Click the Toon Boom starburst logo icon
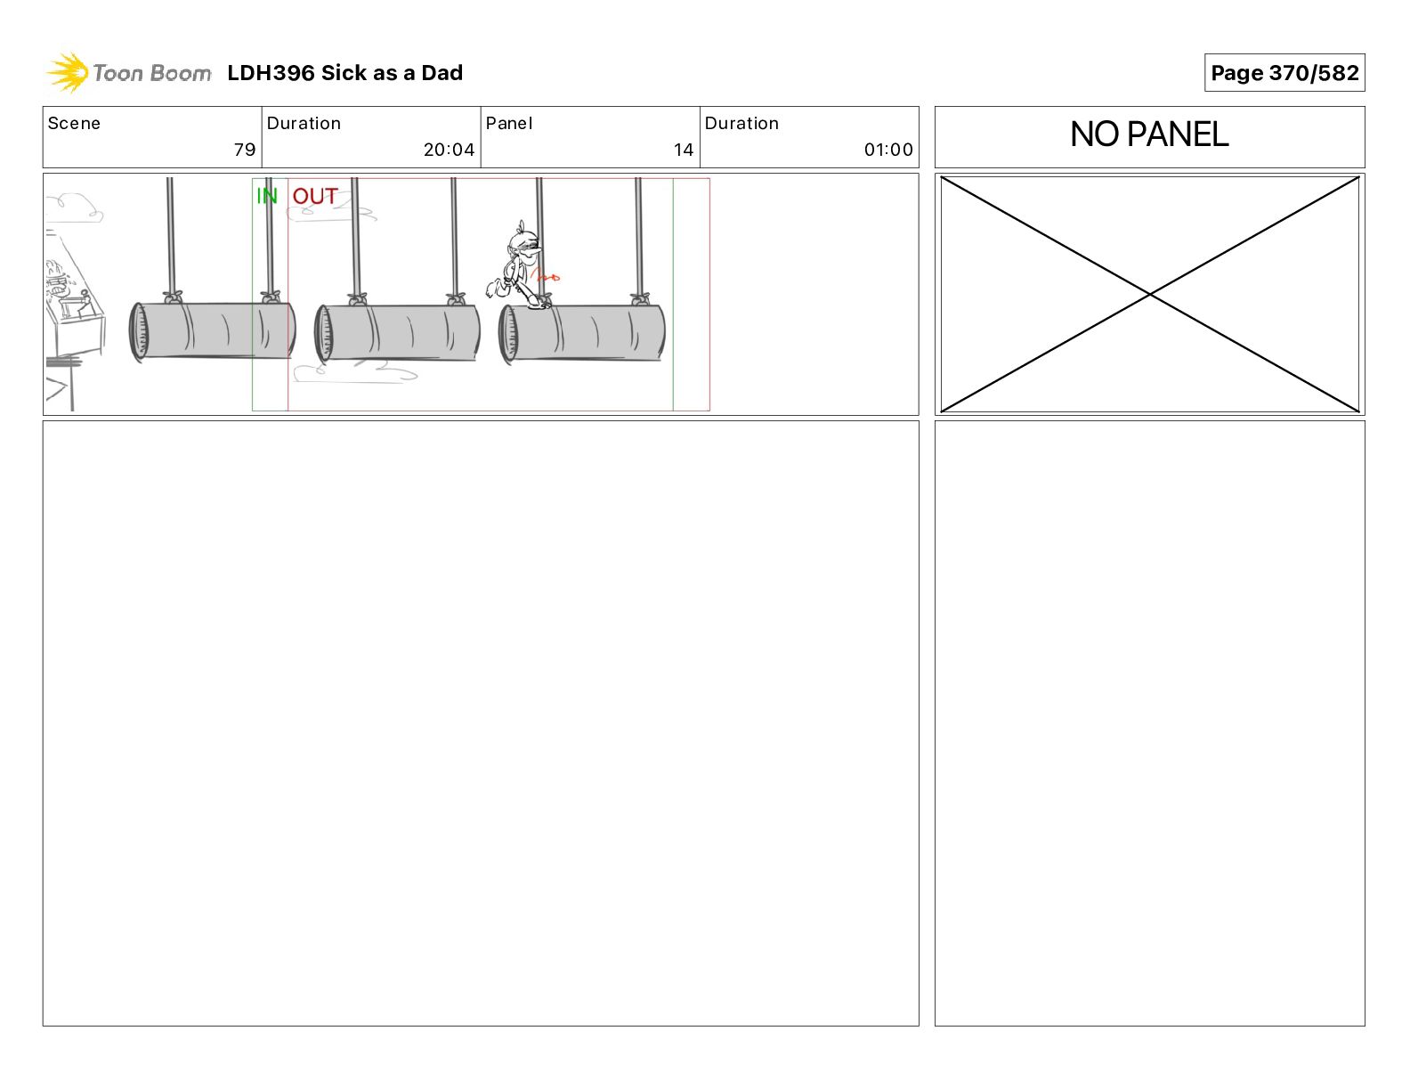point(68,73)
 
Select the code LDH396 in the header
point(271,73)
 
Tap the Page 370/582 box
point(1284,73)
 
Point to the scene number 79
point(245,150)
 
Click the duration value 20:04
point(449,150)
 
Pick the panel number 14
point(684,150)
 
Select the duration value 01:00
point(888,150)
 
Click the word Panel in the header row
point(508,124)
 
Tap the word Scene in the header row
point(74,124)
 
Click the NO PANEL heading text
point(1149,134)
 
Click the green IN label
point(267,195)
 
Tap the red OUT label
point(315,196)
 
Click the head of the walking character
point(525,243)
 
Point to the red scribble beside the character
point(545,277)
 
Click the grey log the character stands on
point(582,332)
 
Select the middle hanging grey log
point(397,332)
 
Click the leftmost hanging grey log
point(212,329)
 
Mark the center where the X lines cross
point(1149,294)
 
